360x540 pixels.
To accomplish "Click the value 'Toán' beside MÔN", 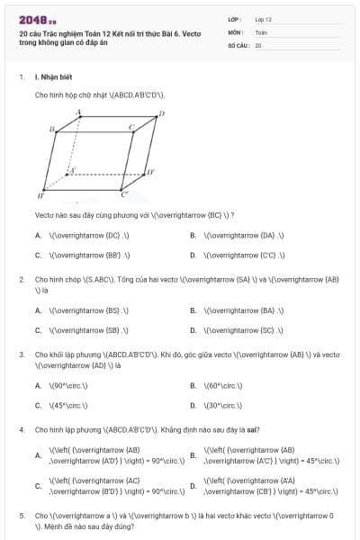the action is point(262,31).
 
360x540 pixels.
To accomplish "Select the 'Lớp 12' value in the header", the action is point(264,19).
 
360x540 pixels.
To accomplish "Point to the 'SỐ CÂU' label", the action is point(238,44).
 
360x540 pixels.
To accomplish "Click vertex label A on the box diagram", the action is point(79,112).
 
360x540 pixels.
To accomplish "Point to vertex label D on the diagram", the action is point(161,113).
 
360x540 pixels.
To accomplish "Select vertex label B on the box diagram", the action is point(52,130).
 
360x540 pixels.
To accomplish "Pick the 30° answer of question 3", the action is point(225,405).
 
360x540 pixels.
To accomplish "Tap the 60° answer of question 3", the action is point(225,386).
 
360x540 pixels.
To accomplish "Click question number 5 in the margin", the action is point(22,517).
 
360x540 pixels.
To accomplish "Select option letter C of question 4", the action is point(39,487).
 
